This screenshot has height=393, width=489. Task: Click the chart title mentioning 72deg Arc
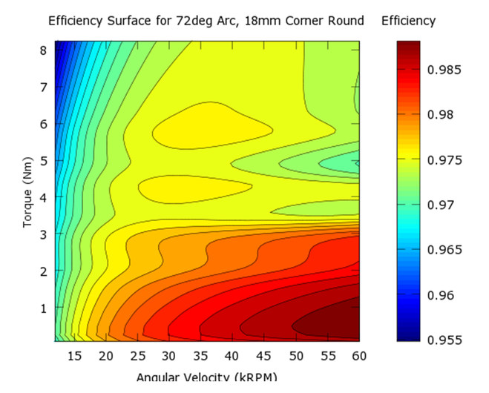click(x=206, y=21)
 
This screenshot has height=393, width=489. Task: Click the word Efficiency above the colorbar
click(x=408, y=21)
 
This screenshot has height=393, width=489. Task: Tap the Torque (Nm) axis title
click(x=28, y=191)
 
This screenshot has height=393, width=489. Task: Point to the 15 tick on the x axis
click(x=75, y=356)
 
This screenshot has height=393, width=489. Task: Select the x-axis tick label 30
click(x=169, y=356)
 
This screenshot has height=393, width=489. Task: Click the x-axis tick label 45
click(x=264, y=356)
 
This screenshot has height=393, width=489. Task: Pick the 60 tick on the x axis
click(x=359, y=356)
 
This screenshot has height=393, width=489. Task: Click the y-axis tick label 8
click(x=45, y=50)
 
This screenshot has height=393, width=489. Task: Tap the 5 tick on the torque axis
click(x=45, y=161)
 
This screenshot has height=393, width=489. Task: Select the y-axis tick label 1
click(x=45, y=308)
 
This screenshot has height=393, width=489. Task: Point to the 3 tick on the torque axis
click(x=45, y=234)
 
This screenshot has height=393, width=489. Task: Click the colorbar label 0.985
click(x=444, y=70)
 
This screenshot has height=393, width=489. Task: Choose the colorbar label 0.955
click(x=444, y=340)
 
